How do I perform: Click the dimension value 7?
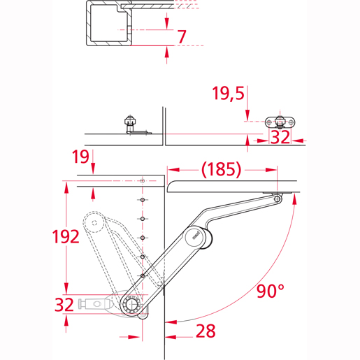click(x=182, y=36)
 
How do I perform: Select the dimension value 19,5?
click(x=228, y=94)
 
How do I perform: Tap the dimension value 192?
click(x=66, y=236)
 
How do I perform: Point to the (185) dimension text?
click(x=221, y=169)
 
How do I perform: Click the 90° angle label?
click(x=271, y=291)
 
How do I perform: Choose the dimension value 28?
click(x=206, y=331)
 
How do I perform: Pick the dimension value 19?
click(x=80, y=157)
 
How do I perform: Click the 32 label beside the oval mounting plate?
click(x=280, y=137)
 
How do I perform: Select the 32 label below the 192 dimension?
click(x=64, y=305)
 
